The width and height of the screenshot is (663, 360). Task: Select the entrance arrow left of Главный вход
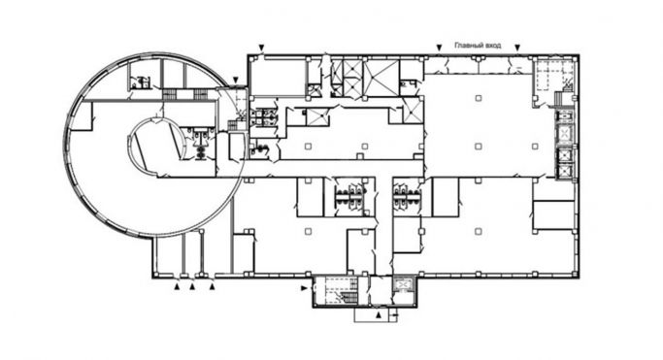439,47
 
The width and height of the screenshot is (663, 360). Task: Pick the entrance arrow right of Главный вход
517,47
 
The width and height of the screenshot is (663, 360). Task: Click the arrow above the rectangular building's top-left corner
261,48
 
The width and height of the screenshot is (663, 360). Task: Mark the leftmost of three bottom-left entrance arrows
176,287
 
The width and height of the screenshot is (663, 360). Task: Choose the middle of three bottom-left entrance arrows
192,287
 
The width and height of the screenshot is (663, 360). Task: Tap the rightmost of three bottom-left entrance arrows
213,287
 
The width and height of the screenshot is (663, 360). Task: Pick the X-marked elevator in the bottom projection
404,285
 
